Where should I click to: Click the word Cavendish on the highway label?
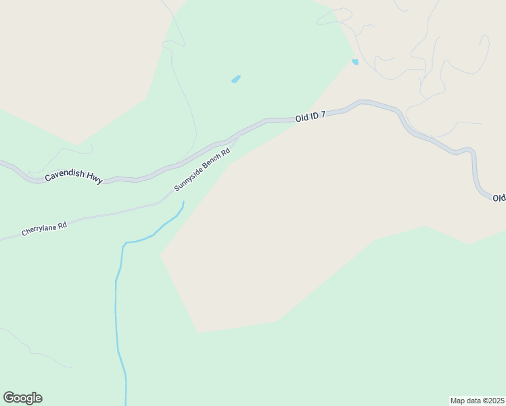point(64,176)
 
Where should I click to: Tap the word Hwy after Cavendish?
point(94,180)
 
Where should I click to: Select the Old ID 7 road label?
point(310,116)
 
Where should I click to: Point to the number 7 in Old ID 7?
point(323,115)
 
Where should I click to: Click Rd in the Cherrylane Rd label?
point(62,225)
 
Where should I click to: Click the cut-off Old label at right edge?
point(499,198)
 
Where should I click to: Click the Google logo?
point(22,398)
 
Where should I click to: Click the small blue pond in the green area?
point(235,79)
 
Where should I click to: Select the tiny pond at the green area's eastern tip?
point(355,62)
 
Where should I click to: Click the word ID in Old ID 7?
point(315,116)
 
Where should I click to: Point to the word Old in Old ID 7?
point(302,118)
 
